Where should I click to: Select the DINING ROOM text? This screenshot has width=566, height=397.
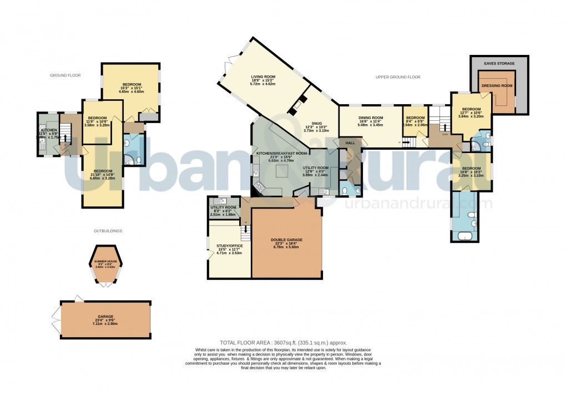pos(371,118)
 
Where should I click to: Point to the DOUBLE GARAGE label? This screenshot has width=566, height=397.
pos(286,240)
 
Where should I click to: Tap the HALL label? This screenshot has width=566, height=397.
pos(350,143)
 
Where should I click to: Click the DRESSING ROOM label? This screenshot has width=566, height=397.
pos(496,86)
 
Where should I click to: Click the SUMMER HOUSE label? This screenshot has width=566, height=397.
pos(105,261)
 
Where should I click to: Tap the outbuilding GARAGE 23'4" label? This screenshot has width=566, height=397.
pos(105,317)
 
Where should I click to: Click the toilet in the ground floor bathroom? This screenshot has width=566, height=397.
pos(136,160)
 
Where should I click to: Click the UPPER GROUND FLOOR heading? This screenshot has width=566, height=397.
pos(398,77)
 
